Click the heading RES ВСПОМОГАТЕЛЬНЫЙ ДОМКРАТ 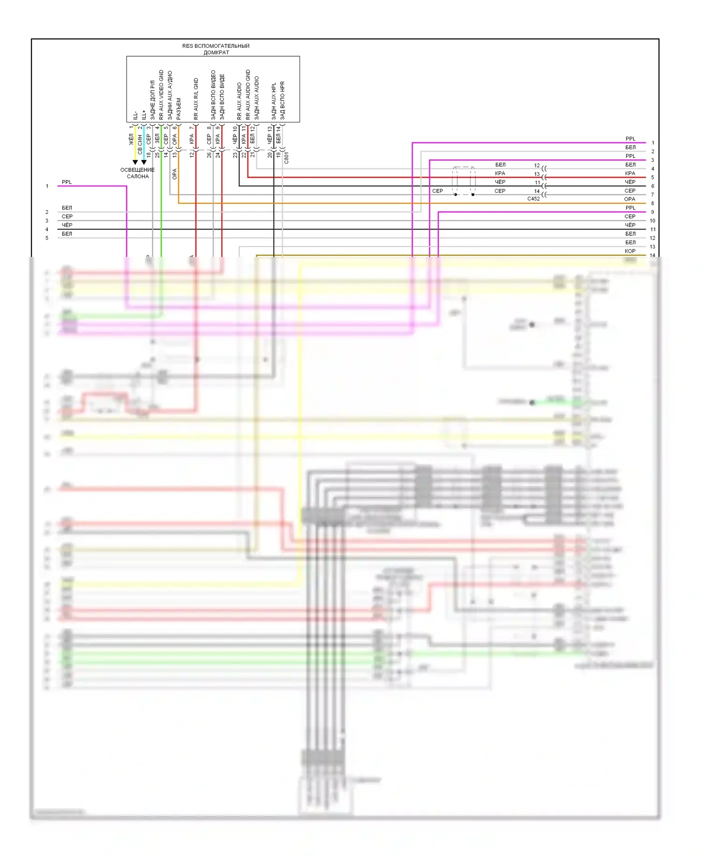(x=216, y=49)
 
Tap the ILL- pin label (x=135, y=115)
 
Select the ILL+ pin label (x=144, y=114)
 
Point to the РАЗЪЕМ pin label (x=179, y=108)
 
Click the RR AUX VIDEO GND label (x=161, y=95)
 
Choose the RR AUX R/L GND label (x=196, y=99)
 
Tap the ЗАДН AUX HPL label (x=274, y=101)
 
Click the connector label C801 (x=286, y=158)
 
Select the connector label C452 (x=533, y=199)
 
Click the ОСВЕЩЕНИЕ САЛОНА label (x=137, y=173)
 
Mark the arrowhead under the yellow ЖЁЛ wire (x=135, y=162)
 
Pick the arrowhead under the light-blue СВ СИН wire (x=144, y=162)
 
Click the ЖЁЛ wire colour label (x=131, y=139)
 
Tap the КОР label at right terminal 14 (x=630, y=251)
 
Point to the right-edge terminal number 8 (x=652, y=203)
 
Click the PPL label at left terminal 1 (x=67, y=182)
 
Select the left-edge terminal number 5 (x=47, y=238)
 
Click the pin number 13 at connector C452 (x=537, y=174)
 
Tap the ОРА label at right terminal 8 (x=630, y=199)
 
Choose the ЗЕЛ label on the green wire (x=157, y=138)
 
